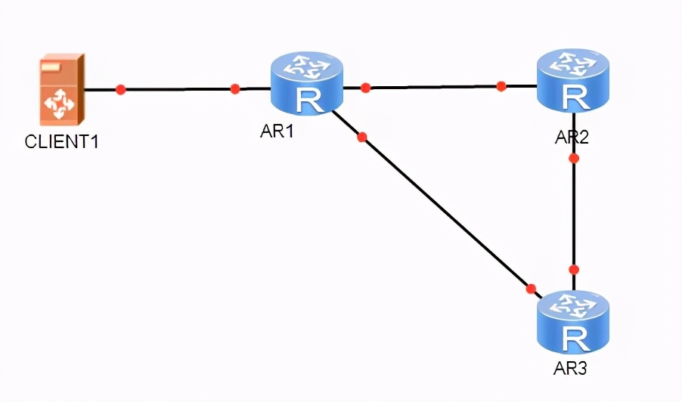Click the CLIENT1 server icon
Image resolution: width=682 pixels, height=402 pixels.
[61, 89]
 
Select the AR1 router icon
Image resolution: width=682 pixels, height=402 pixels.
[306, 83]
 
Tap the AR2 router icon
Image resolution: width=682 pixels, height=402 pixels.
[573, 81]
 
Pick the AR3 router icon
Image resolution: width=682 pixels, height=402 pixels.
[573, 323]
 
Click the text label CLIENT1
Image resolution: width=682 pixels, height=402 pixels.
[61, 141]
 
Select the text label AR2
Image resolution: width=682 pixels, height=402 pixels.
[572, 138]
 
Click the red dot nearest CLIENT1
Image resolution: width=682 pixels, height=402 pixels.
[120, 89]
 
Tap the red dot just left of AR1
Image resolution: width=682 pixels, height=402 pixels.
[235, 89]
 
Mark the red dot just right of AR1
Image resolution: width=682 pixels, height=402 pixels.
[366, 88]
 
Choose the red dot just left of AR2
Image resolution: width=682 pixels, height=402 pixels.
[501, 86]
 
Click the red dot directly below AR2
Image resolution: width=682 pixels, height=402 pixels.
[574, 159]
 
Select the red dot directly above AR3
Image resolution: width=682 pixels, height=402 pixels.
[574, 269]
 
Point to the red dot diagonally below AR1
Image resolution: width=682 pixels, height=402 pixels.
[361, 137]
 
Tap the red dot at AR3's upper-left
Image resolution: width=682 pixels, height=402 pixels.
[531, 289]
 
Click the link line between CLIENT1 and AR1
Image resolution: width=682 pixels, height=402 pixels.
[178, 89]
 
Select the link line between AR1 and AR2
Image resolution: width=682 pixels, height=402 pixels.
[433, 87]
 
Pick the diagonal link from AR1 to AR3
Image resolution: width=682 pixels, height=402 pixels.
[446, 213]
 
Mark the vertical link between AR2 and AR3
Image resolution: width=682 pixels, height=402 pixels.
[574, 214]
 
